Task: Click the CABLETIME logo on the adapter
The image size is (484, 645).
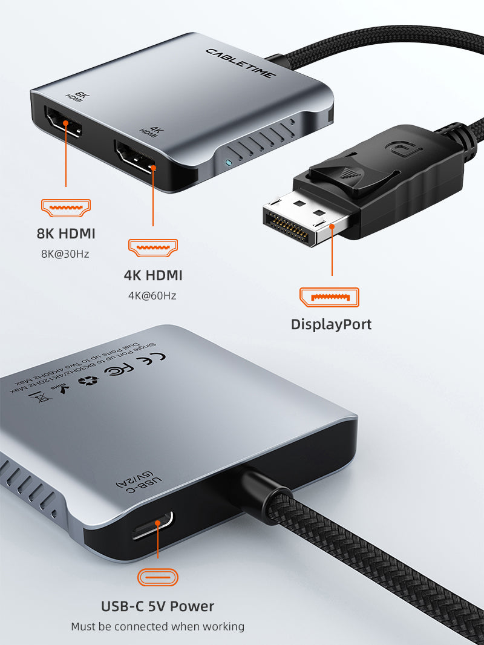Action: point(241,63)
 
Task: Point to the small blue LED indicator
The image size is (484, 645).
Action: point(227,163)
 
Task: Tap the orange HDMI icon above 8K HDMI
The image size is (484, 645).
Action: point(65,208)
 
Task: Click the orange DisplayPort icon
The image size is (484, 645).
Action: point(330,297)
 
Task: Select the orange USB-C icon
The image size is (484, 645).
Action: point(158,577)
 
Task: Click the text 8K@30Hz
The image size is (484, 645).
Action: point(65,254)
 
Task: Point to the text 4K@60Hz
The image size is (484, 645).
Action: point(152,296)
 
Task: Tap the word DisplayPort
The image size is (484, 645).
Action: point(331,324)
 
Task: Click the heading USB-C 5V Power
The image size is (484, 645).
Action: point(157,606)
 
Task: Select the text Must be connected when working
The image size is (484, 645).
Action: point(157,627)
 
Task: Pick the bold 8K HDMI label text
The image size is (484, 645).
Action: point(65,234)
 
